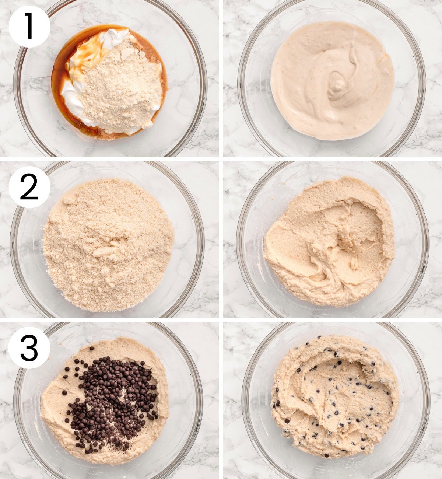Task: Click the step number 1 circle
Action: tap(29, 27)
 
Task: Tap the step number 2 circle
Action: tap(29, 187)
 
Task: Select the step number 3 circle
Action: tap(29, 347)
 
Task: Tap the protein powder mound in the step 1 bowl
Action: tap(122, 88)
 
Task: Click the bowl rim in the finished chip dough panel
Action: tap(427, 398)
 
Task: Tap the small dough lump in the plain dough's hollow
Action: tap(354, 264)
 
